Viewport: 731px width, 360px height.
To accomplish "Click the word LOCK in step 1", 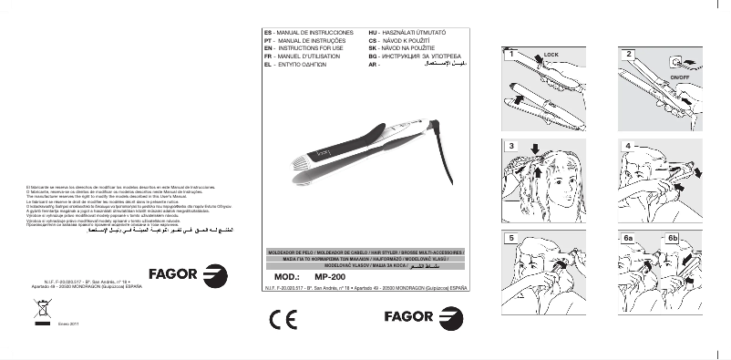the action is (x=550, y=57).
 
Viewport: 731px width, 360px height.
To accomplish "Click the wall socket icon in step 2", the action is (x=674, y=62).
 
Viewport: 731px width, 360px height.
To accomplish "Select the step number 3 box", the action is (x=512, y=146).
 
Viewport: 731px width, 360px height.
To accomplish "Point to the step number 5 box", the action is (x=512, y=238).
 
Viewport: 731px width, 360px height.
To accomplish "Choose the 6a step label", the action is (x=629, y=238).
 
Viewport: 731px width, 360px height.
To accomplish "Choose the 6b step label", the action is (x=674, y=238).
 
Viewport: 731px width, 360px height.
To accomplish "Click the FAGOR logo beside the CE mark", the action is (x=419, y=319).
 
